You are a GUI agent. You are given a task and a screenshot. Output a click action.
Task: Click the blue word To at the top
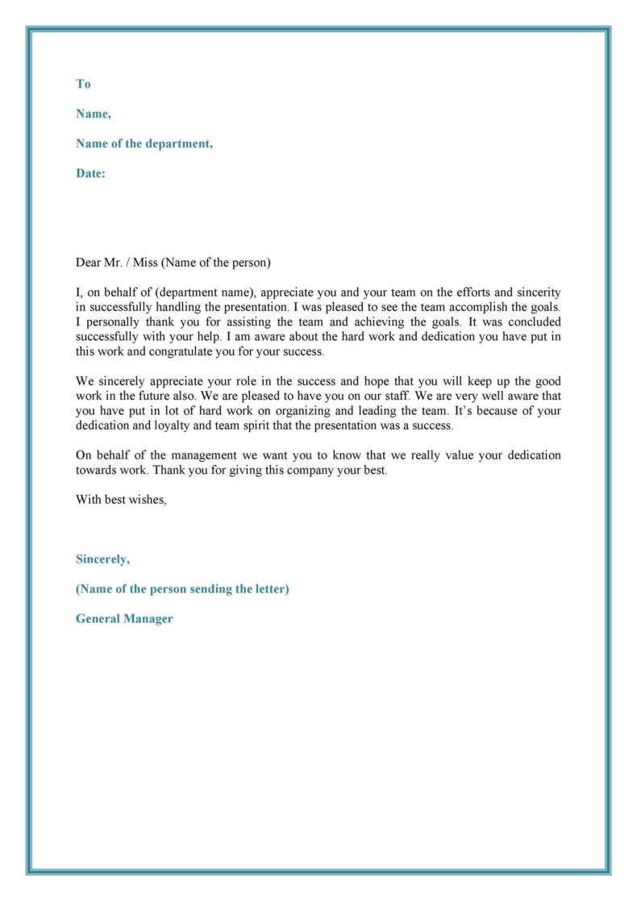pos(83,84)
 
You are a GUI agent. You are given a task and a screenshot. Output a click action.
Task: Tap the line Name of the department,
pos(144,143)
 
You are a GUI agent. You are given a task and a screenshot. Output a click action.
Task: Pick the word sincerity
pos(536,292)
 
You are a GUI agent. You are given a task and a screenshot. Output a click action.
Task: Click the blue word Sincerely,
pos(102,558)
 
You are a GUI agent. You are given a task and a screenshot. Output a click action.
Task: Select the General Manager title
pos(124,619)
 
